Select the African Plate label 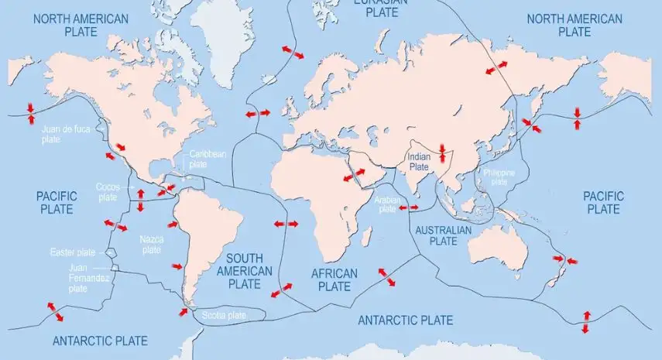(x=334, y=279)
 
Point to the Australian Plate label (x=443, y=235)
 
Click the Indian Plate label (x=418, y=161)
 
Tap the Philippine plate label (x=499, y=177)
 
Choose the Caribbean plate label (x=208, y=159)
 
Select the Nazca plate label (x=151, y=244)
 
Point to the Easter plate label (x=71, y=252)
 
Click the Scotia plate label (x=224, y=315)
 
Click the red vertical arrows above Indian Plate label (x=442, y=152)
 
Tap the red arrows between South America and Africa (x=286, y=224)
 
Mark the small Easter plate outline (x=112, y=253)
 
